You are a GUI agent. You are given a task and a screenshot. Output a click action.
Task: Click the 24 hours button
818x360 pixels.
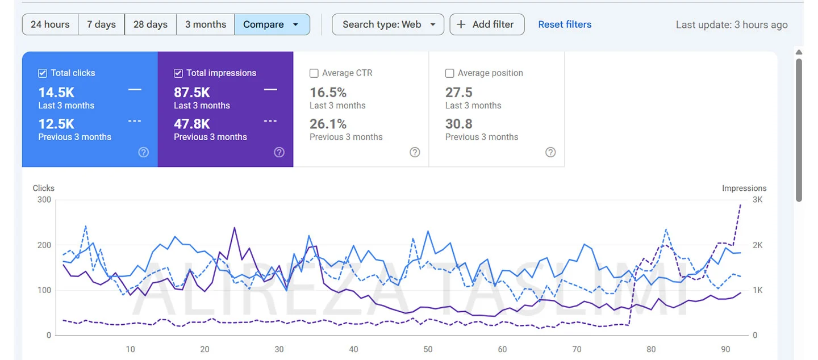(50, 24)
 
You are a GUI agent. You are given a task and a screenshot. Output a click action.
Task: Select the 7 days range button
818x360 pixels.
(101, 24)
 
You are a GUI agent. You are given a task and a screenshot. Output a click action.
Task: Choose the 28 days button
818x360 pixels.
(151, 24)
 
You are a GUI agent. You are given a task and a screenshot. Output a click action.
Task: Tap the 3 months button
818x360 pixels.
(206, 24)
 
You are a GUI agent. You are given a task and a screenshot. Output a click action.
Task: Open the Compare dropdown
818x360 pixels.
(272, 24)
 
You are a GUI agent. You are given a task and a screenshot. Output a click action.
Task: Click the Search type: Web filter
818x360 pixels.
(388, 24)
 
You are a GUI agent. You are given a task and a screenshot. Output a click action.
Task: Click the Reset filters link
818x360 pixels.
(565, 24)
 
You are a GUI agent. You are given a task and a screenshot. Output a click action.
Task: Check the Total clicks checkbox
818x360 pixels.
(43, 73)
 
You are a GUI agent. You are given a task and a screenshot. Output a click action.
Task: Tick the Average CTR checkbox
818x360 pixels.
(314, 73)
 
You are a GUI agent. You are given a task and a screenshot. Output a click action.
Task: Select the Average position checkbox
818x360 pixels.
(450, 73)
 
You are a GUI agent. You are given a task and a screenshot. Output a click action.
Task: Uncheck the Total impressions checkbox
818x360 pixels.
(178, 73)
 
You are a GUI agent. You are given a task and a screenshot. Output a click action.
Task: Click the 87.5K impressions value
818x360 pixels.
(192, 93)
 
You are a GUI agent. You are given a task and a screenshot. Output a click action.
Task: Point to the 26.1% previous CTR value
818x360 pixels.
(328, 124)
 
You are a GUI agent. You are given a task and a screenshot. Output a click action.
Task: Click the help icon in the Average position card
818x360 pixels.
(550, 152)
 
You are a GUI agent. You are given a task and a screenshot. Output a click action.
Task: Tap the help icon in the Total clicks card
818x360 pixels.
(144, 152)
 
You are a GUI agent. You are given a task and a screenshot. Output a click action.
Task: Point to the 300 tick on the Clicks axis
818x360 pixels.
(44, 200)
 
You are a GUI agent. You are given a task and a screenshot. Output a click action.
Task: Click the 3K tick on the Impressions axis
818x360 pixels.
(758, 200)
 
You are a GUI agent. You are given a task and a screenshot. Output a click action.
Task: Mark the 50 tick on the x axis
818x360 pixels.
(428, 349)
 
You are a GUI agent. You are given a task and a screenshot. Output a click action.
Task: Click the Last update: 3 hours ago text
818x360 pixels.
(732, 24)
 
